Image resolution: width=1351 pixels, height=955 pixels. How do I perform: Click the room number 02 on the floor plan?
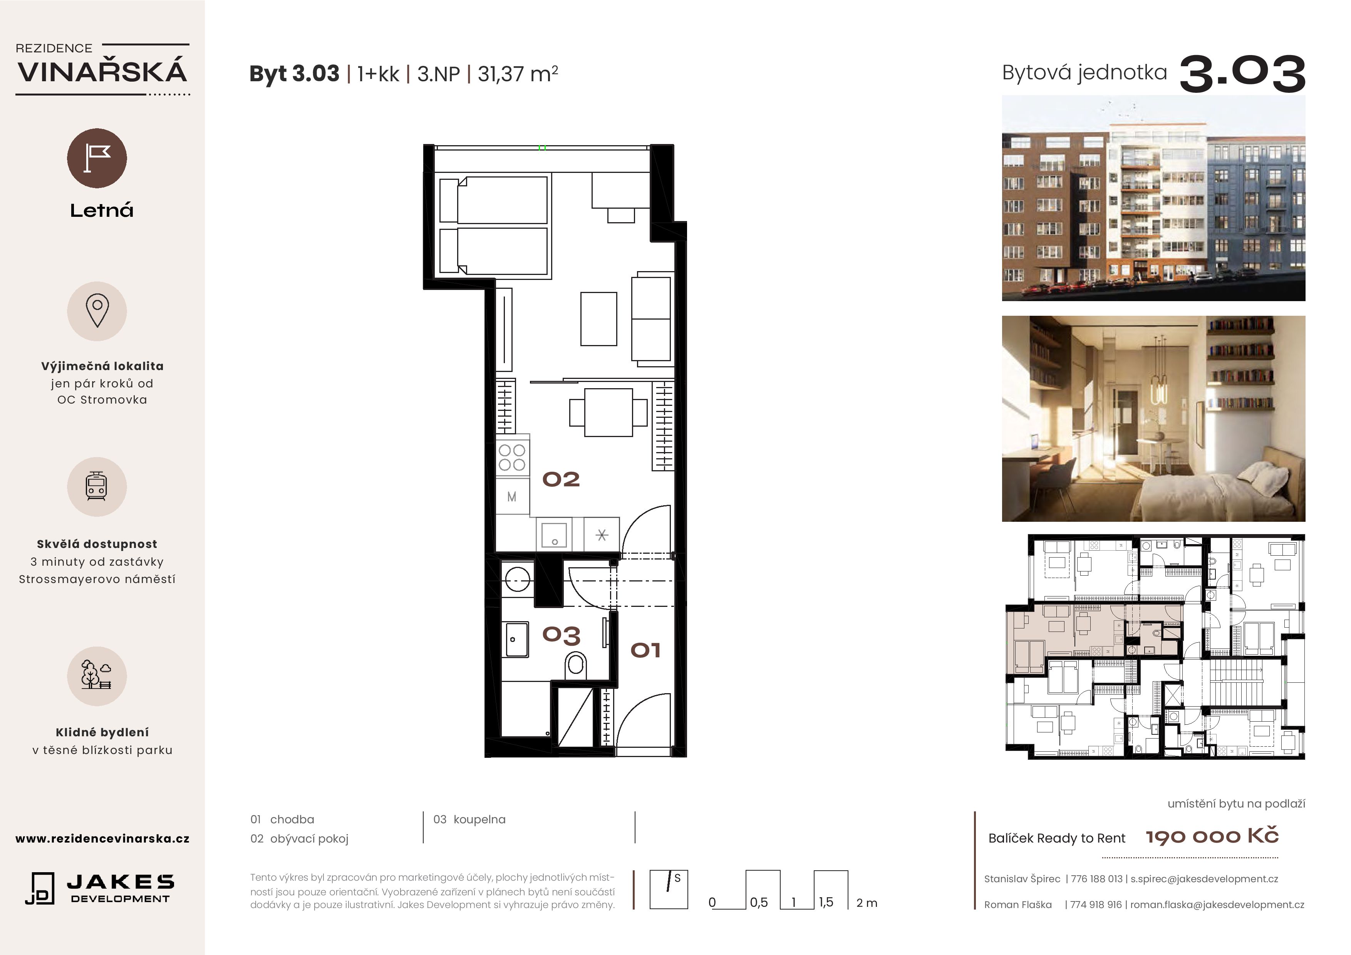(x=561, y=479)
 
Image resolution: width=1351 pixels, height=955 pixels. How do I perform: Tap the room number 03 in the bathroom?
(x=562, y=635)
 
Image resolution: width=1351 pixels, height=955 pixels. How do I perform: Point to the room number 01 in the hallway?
(x=645, y=650)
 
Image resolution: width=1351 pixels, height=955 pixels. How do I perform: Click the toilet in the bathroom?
(x=575, y=665)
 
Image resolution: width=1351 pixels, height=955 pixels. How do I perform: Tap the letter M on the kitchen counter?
(x=512, y=497)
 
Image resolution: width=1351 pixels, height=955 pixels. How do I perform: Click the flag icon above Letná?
(x=97, y=158)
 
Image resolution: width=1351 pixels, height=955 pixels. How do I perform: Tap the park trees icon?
(x=97, y=675)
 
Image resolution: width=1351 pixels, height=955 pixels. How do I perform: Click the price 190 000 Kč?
(x=1212, y=836)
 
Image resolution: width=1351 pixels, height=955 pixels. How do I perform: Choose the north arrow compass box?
(x=669, y=890)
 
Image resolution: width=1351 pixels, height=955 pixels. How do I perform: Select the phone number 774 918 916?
(x=1096, y=905)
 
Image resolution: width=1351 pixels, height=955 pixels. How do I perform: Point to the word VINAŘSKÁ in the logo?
(x=102, y=72)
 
